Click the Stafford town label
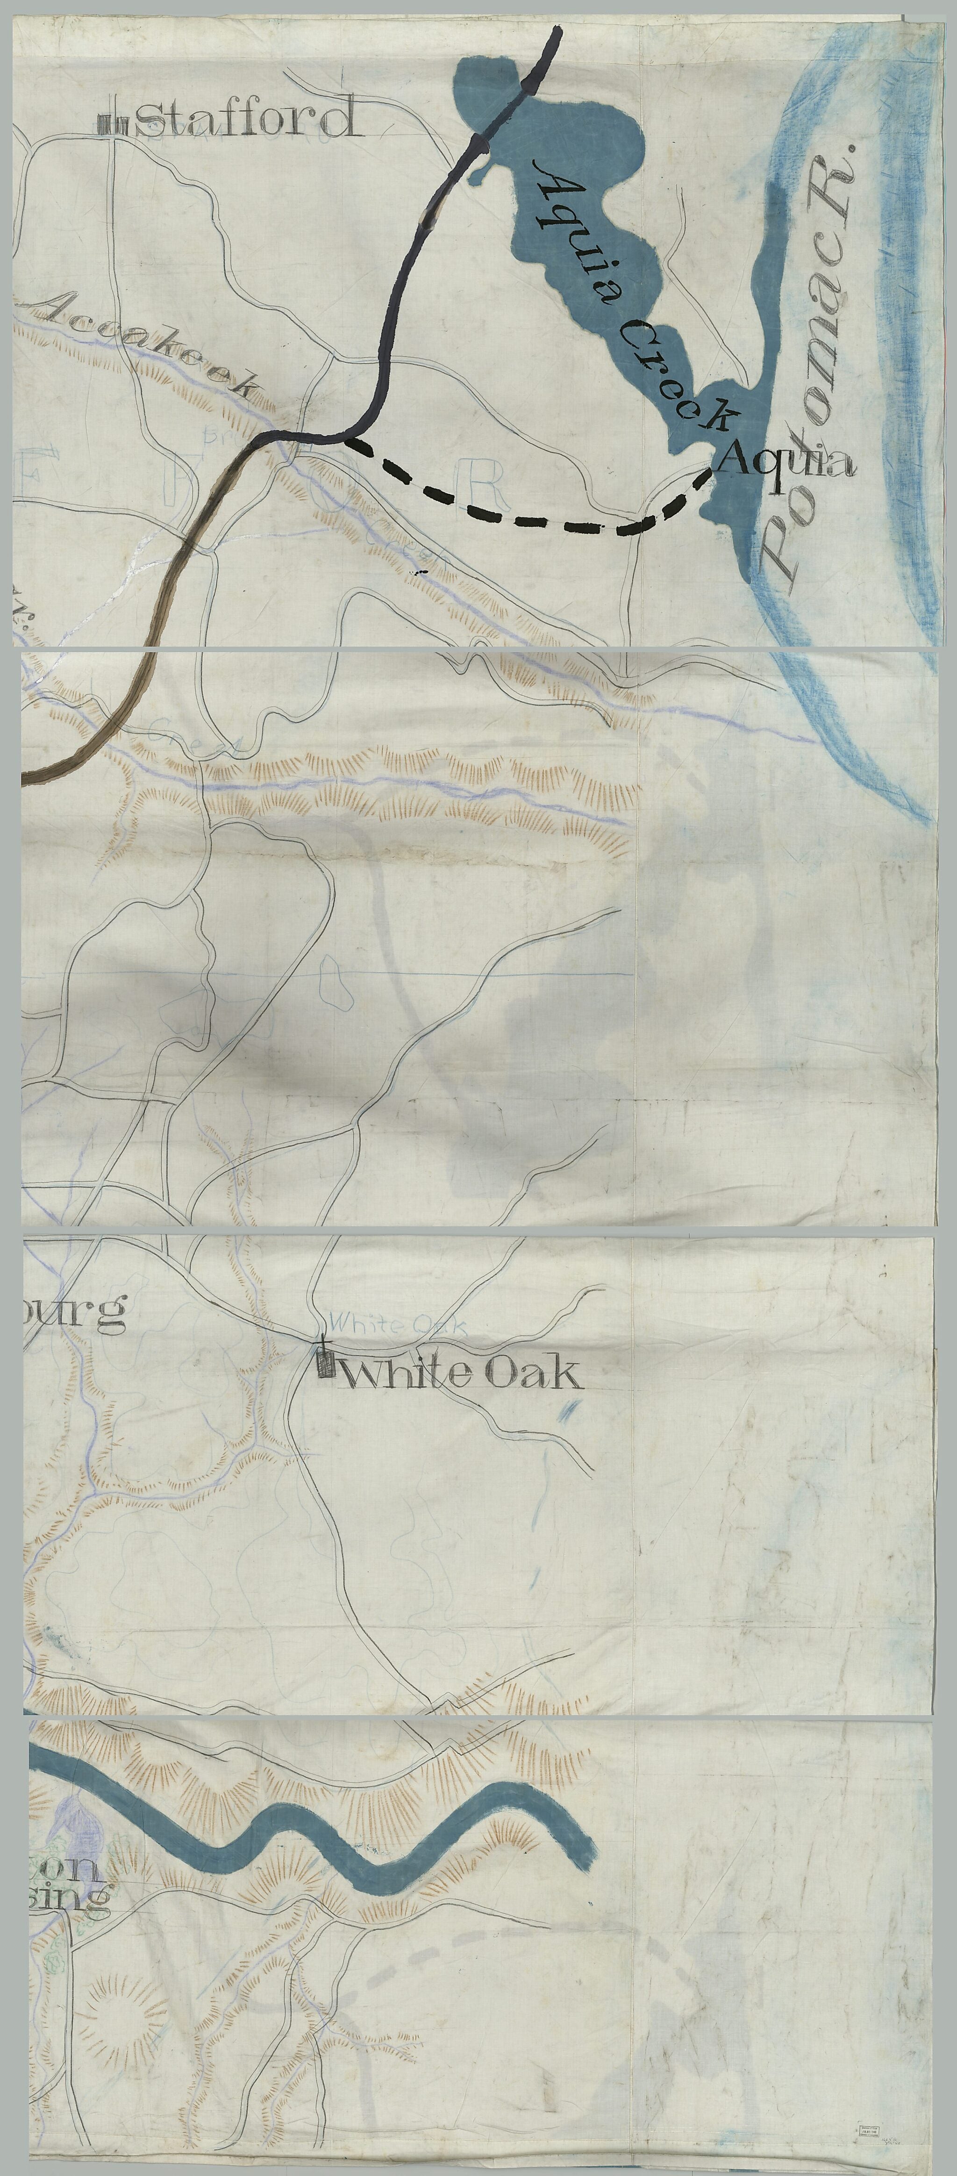click(x=245, y=118)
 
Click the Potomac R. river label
click(x=811, y=363)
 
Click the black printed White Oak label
click(x=460, y=1374)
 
